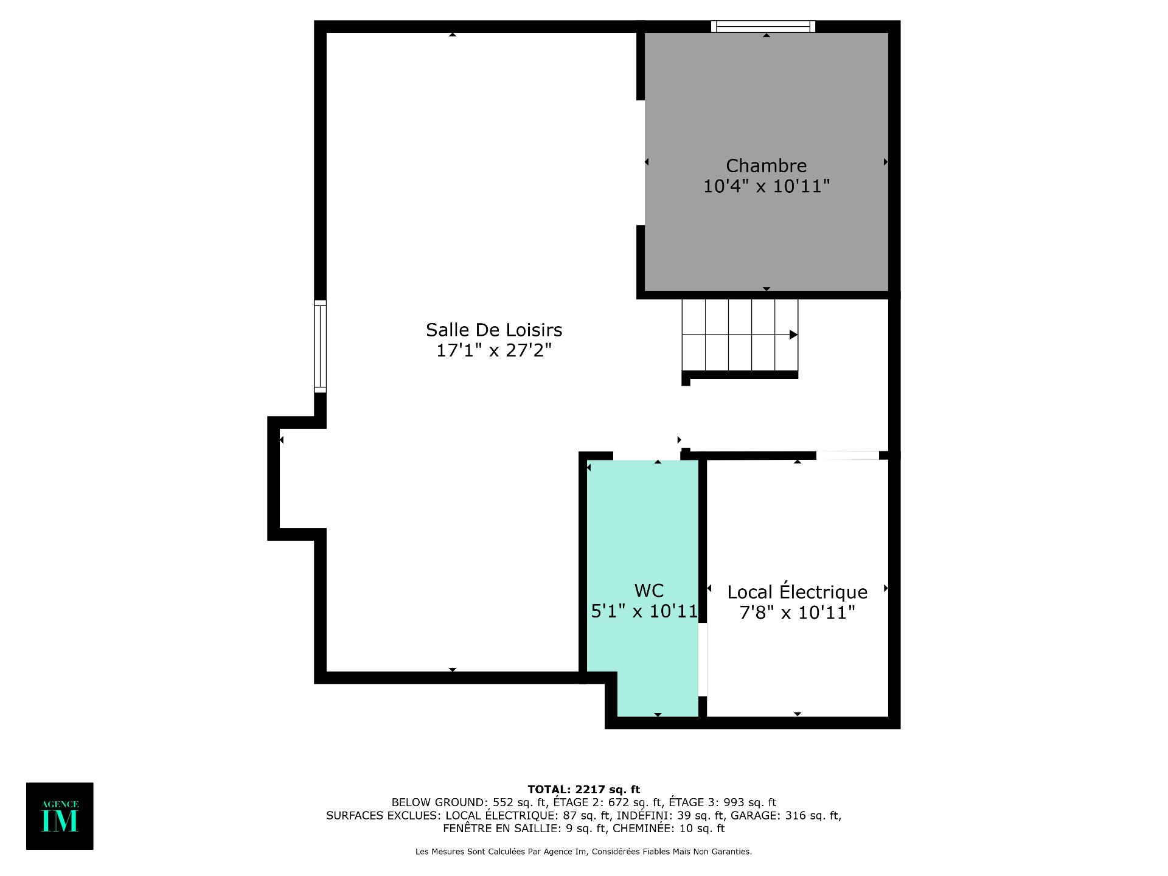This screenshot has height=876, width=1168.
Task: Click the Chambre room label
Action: (x=766, y=165)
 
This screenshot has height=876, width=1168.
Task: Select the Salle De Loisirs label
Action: (x=494, y=330)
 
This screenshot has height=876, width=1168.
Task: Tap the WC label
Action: (x=648, y=591)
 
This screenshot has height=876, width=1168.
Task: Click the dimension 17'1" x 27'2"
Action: (x=494, y=350)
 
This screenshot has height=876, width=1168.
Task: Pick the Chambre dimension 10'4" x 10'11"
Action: (x=766, y=186)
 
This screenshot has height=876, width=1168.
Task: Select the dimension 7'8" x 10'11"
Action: (x=797, y=613)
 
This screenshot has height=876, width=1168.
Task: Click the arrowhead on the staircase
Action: (x=793, y=335)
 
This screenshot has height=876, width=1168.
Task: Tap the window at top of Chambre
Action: (x=763, y=26)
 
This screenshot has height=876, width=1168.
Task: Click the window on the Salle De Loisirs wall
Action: (x=320, y=346)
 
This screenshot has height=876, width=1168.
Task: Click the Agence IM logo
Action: (x=60, y=816)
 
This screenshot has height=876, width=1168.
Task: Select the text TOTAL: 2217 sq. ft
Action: (x=584, y=790)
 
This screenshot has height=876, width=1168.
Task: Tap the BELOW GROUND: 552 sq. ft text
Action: (x=468, y=802)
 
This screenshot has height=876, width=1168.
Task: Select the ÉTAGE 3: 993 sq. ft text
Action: (x=723, y=802)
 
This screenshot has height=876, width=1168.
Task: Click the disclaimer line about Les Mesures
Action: (x=584, y=852)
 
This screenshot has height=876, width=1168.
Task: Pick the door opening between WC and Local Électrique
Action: (x=703, y=659)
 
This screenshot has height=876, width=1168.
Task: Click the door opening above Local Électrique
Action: (x=847, y=455)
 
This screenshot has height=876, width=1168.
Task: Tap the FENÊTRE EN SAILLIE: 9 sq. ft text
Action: (x=524, y=829)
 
